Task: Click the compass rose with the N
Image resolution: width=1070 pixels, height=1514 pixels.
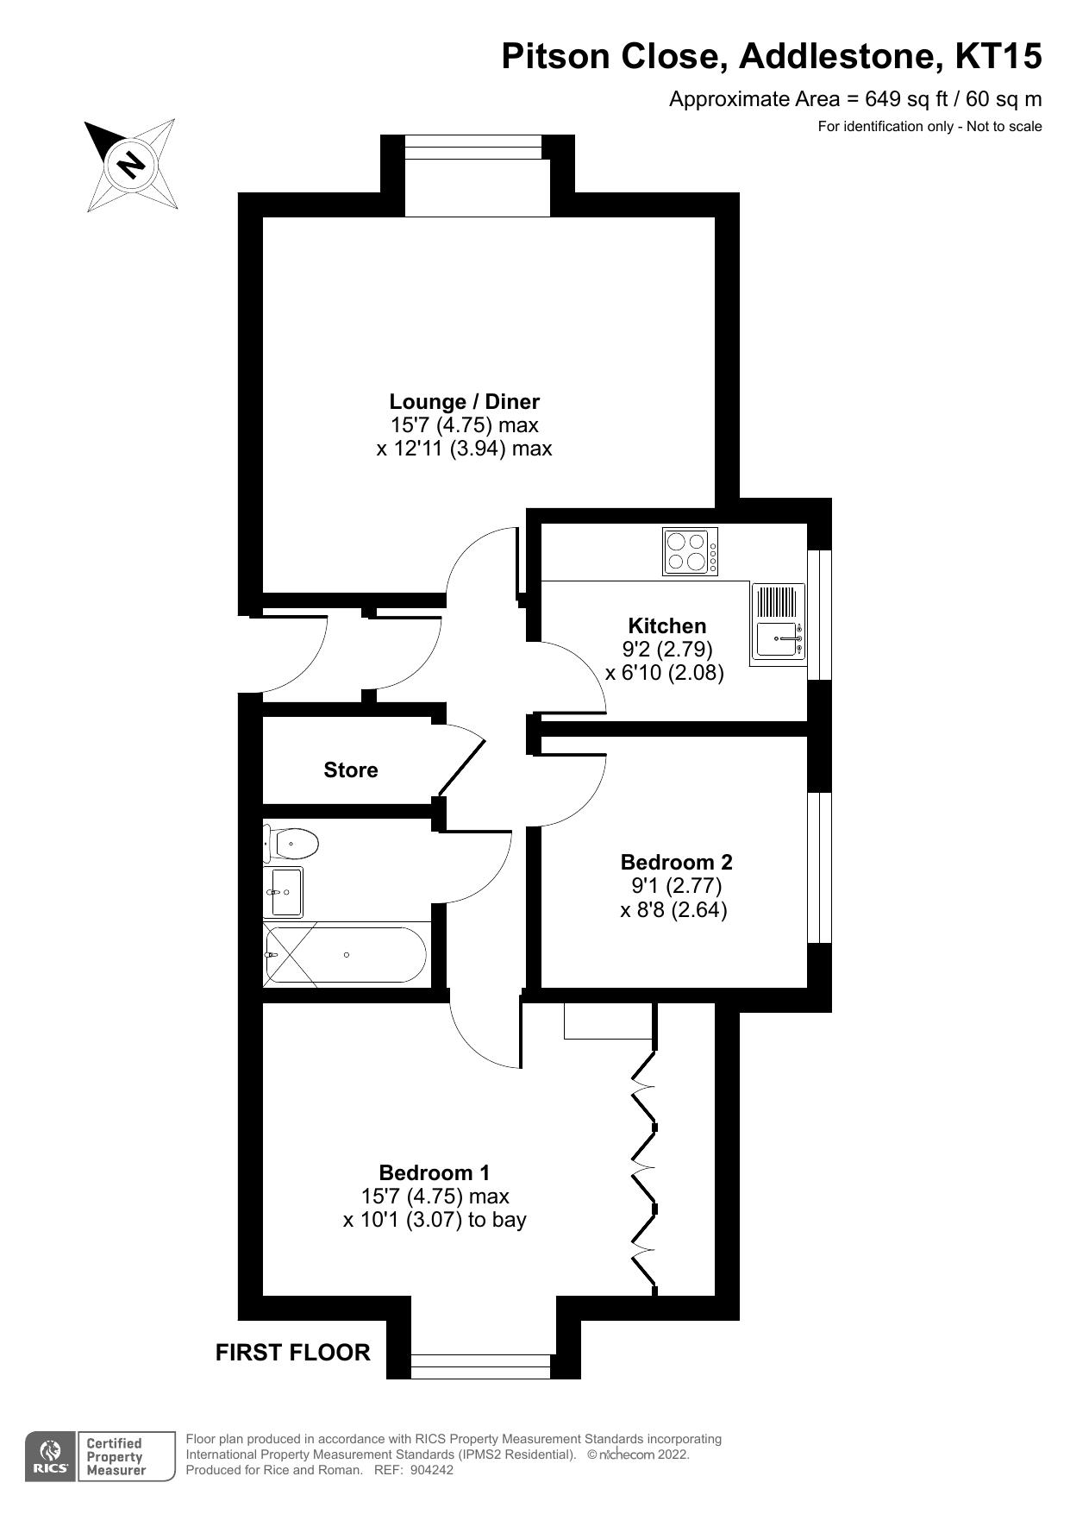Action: (132, 164)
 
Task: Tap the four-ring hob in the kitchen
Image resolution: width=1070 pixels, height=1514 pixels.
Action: (690, 551)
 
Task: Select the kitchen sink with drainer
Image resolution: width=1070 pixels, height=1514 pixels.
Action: (778, 622)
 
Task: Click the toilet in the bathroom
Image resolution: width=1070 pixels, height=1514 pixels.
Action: (291, 843)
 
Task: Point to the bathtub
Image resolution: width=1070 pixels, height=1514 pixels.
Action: (345, 954)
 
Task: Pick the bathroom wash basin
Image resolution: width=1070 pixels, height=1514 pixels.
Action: (285, 892)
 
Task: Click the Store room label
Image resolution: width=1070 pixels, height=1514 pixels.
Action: (351, 770)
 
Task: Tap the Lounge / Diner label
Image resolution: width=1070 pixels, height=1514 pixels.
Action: (464, 401)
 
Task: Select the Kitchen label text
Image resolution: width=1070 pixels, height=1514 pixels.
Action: (666, 625)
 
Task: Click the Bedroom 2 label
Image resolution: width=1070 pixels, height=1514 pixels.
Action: (676, 862)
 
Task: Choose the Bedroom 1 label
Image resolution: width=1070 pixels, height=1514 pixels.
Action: (435, 1172)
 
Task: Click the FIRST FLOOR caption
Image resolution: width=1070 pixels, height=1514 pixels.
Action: (292, 1352)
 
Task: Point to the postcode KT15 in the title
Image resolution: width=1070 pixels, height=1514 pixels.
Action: (998, 57)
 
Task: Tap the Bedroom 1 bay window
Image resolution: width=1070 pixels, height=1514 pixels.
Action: (480, 1366)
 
